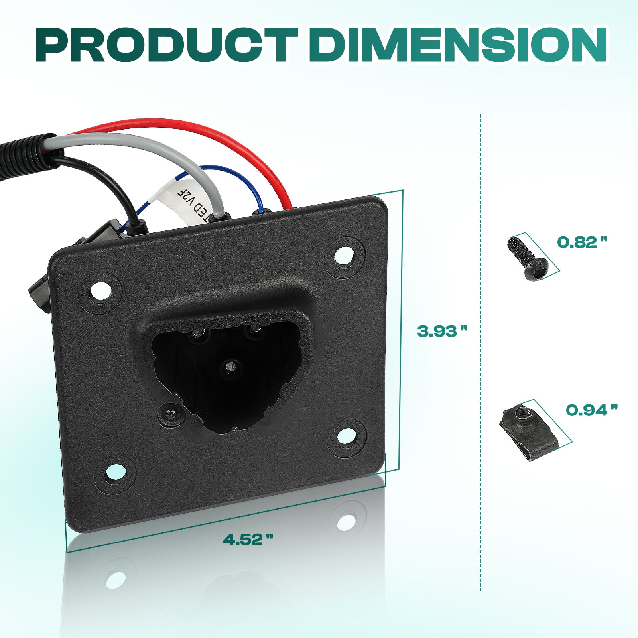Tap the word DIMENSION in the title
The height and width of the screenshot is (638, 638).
459,45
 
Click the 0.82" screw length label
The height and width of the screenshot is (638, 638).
582,242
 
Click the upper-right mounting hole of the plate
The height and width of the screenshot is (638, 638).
344,256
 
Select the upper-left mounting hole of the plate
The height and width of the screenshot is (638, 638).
101,291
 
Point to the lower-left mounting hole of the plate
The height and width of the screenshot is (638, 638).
115,473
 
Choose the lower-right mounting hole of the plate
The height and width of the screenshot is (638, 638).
347,437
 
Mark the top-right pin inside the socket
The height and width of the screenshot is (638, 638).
253,329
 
